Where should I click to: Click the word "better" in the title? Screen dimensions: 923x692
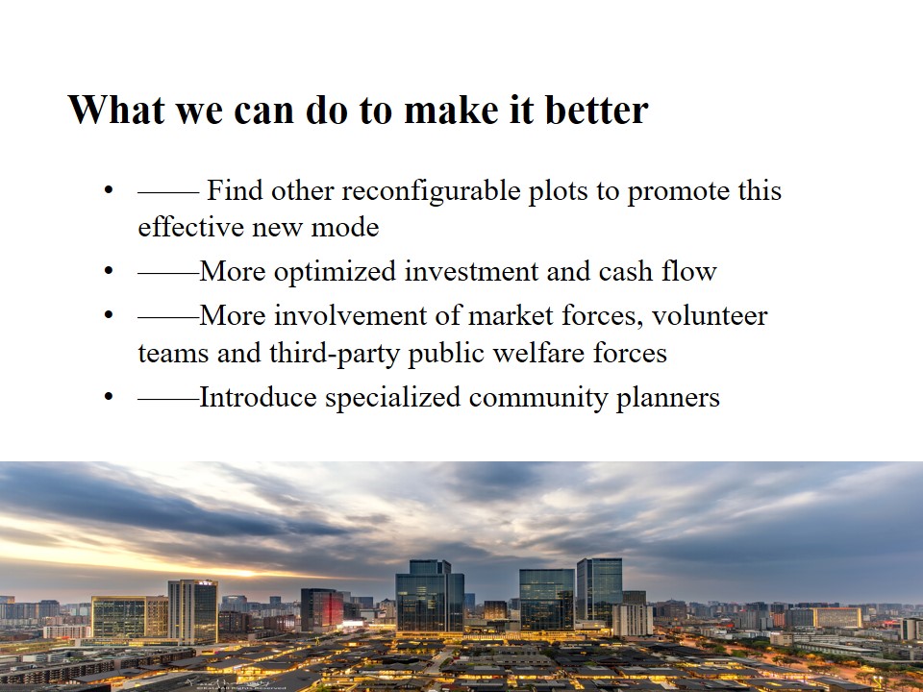pyautogui.click(x=597, y=110)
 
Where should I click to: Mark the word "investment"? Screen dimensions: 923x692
pyautogui.click(x=471, y=272)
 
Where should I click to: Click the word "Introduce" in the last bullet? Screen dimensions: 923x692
pyautogui.click(x=259, y=397)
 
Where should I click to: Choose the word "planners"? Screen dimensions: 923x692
pyautogui.click(x=667, y=398)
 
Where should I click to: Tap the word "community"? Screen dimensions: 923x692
pyautogui.click(x=538, y=398)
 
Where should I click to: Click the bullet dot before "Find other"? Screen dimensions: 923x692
pyautogui.click(x=108, y=190)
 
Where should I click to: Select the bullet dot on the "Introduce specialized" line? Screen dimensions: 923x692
pyautogui.click(x=108, y=397)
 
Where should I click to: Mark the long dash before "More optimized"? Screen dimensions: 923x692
pyautogui.click(x=169, y=274)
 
